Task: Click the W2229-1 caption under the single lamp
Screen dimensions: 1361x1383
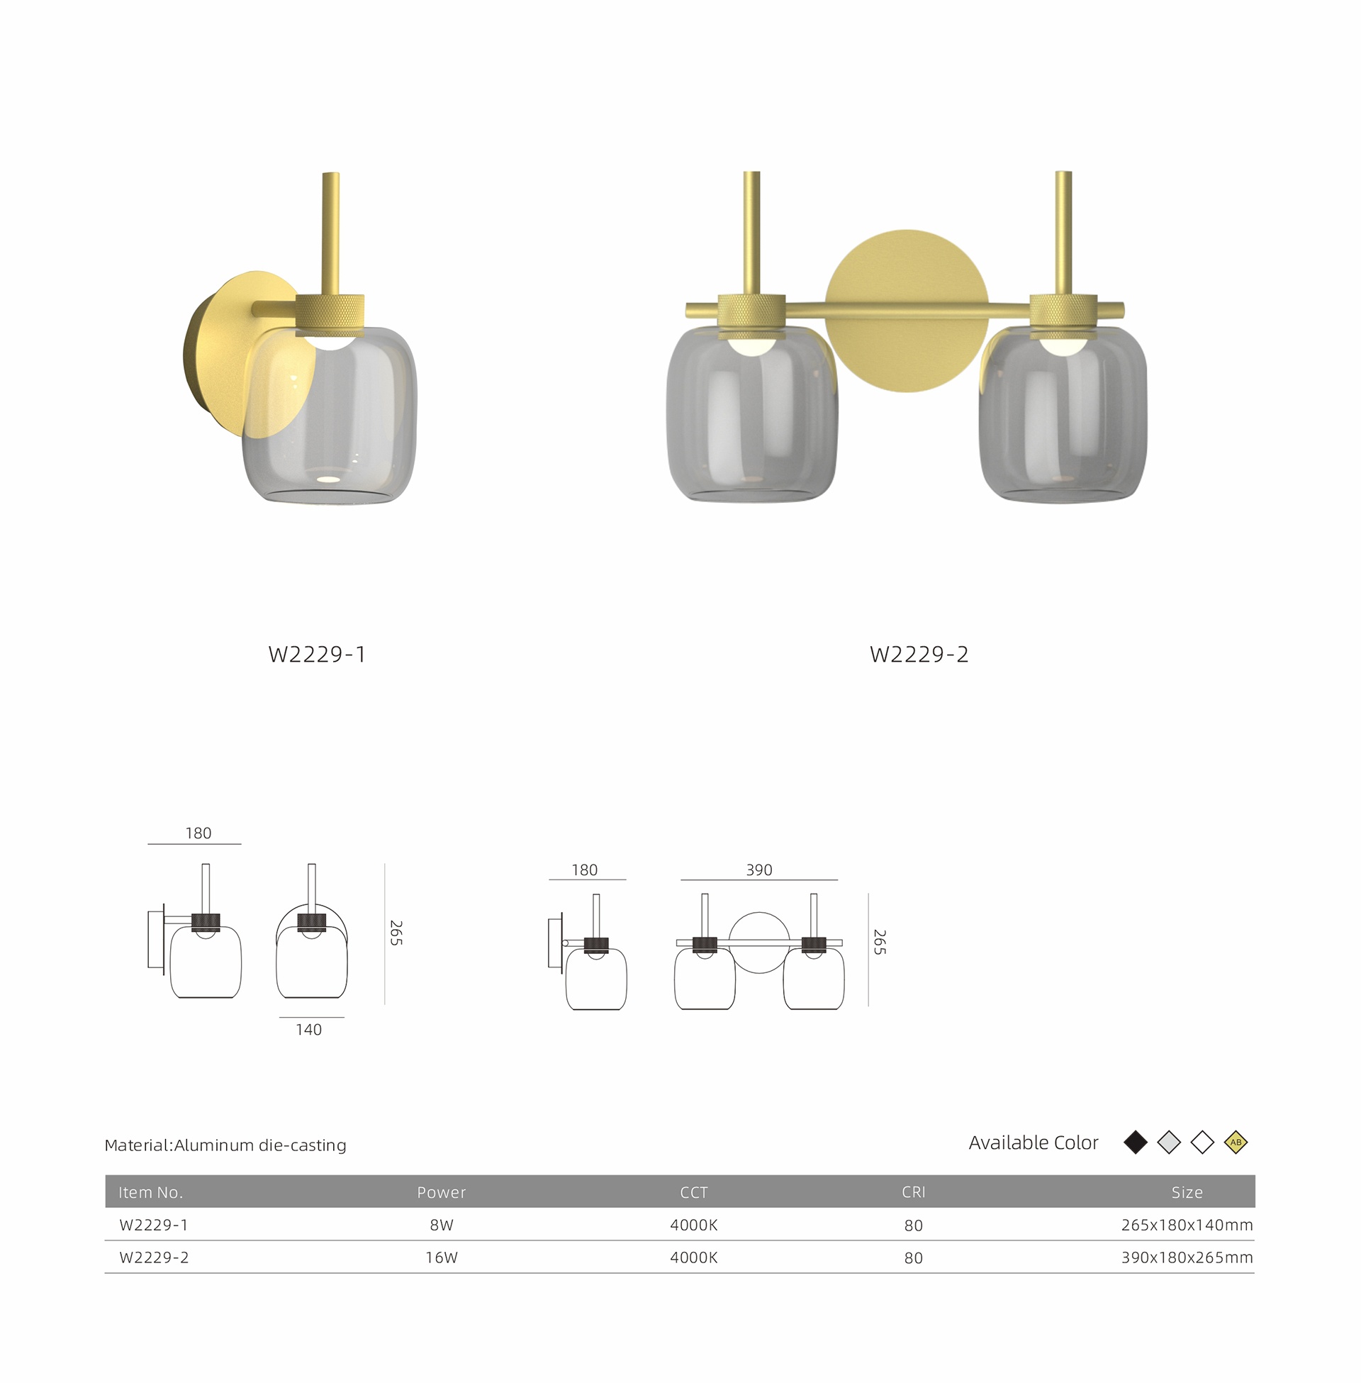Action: [x=317, y=655]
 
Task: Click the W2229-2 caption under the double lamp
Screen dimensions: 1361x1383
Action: [x=919, y=655]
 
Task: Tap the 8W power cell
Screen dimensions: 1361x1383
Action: [x=442, y=1225]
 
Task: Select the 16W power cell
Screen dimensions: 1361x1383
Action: [x=442, y=1258]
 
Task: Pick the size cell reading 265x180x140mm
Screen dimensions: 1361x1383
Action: [x=1187, y=1225]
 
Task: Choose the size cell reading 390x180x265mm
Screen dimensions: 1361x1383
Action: [x=1187, y=1258]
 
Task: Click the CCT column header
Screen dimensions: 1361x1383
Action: [x=693, y=1192]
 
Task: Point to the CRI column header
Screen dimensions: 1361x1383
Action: [x=914, y=1192]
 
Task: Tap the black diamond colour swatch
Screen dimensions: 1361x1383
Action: [x=1136, y=1142]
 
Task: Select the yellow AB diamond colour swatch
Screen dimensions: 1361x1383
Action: [x=1236, y=1142]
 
